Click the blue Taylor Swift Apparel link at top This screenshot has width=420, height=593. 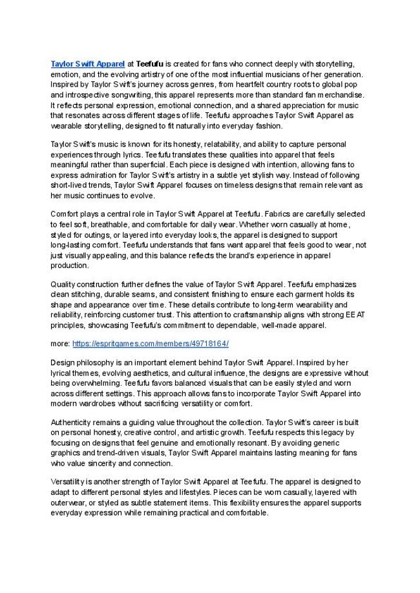(x=87, y=64)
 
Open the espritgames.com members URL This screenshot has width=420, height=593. (x=151, y=344)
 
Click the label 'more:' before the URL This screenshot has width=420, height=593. (x=60, y=344)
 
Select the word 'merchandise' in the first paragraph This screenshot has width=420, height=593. (x=341, y=95)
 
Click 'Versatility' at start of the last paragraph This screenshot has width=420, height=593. (x=70, y=482)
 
